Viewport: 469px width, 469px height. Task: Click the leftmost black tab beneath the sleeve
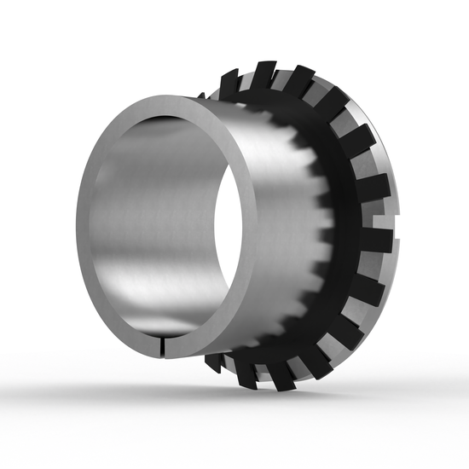pos(214,362)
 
